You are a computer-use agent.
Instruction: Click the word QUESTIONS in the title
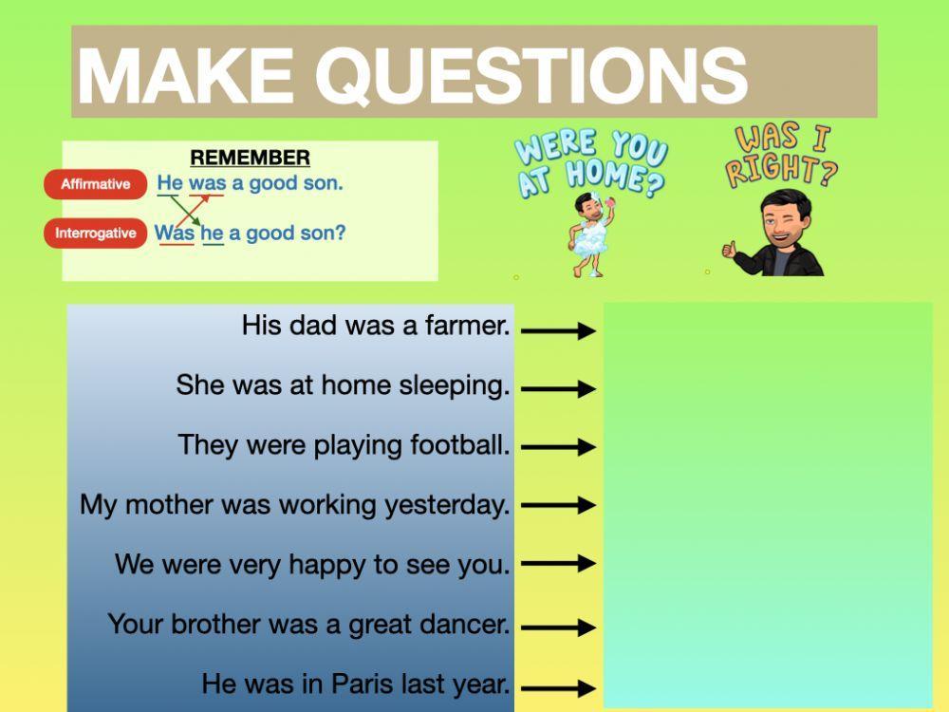click(531, 74)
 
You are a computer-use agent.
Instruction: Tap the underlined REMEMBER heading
click(250, 158)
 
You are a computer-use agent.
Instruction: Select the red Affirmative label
click(95, 184)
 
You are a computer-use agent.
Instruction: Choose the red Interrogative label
click(95, 233)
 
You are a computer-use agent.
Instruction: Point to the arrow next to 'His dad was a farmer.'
click(558, 330)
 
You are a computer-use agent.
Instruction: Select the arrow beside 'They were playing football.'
click(558, 446)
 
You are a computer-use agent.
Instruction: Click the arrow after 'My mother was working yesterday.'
click(558, 505)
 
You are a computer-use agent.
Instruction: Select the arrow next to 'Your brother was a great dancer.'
click(558, 627)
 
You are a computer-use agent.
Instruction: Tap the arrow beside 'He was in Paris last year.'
click(558, 687)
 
